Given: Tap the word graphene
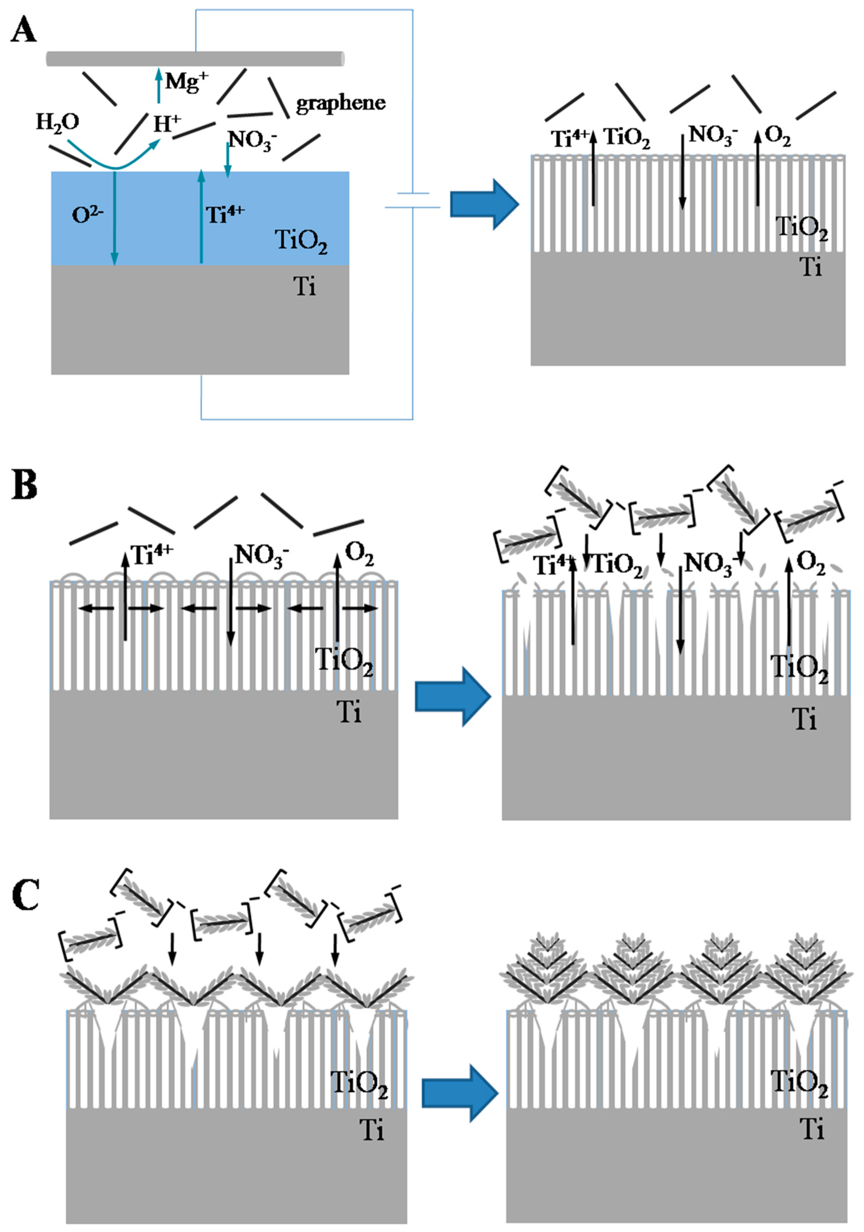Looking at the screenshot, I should click(x=340, y=102).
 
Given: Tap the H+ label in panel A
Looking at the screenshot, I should click(x=166, y=123).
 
